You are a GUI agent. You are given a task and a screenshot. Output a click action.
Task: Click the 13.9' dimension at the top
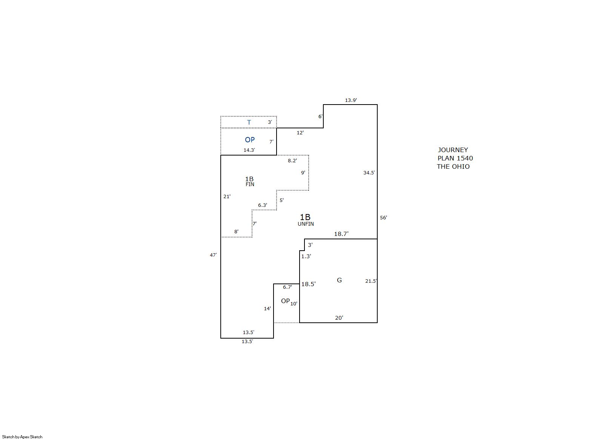(351, 100)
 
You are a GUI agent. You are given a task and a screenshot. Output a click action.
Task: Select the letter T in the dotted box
(249, 122)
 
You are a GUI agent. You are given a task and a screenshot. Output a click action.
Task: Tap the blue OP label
(250, 140)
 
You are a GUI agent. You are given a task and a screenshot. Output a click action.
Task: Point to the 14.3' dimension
(249, 150)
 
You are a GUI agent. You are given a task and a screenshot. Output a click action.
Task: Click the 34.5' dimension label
(369, 173)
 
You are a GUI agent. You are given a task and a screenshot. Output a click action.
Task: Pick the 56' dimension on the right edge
(383, 218)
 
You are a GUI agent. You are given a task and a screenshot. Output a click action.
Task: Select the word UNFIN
(306, 224)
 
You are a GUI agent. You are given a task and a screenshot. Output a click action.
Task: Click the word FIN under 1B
(250, 184)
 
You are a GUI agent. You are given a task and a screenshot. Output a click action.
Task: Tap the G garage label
(339, 280)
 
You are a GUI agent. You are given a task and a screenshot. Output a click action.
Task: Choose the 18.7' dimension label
(341, 234)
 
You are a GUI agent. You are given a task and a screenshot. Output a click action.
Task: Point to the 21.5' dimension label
(371, 281)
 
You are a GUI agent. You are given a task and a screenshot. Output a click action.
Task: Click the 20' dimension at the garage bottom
(339, 318)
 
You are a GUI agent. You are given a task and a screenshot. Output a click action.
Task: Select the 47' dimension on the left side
(213, 255)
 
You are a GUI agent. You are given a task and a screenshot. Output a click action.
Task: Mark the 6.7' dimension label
(287, 287)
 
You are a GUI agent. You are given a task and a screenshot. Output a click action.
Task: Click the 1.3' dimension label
(306, 256)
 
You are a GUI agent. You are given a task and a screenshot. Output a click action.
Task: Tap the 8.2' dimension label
(292, 161)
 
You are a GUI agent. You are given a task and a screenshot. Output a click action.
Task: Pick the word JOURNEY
(453, 150)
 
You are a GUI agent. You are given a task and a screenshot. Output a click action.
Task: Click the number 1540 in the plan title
(465, 159)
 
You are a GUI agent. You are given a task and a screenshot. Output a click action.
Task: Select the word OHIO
(461, 166)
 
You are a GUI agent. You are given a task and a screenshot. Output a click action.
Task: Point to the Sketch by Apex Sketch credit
(22, 437)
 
